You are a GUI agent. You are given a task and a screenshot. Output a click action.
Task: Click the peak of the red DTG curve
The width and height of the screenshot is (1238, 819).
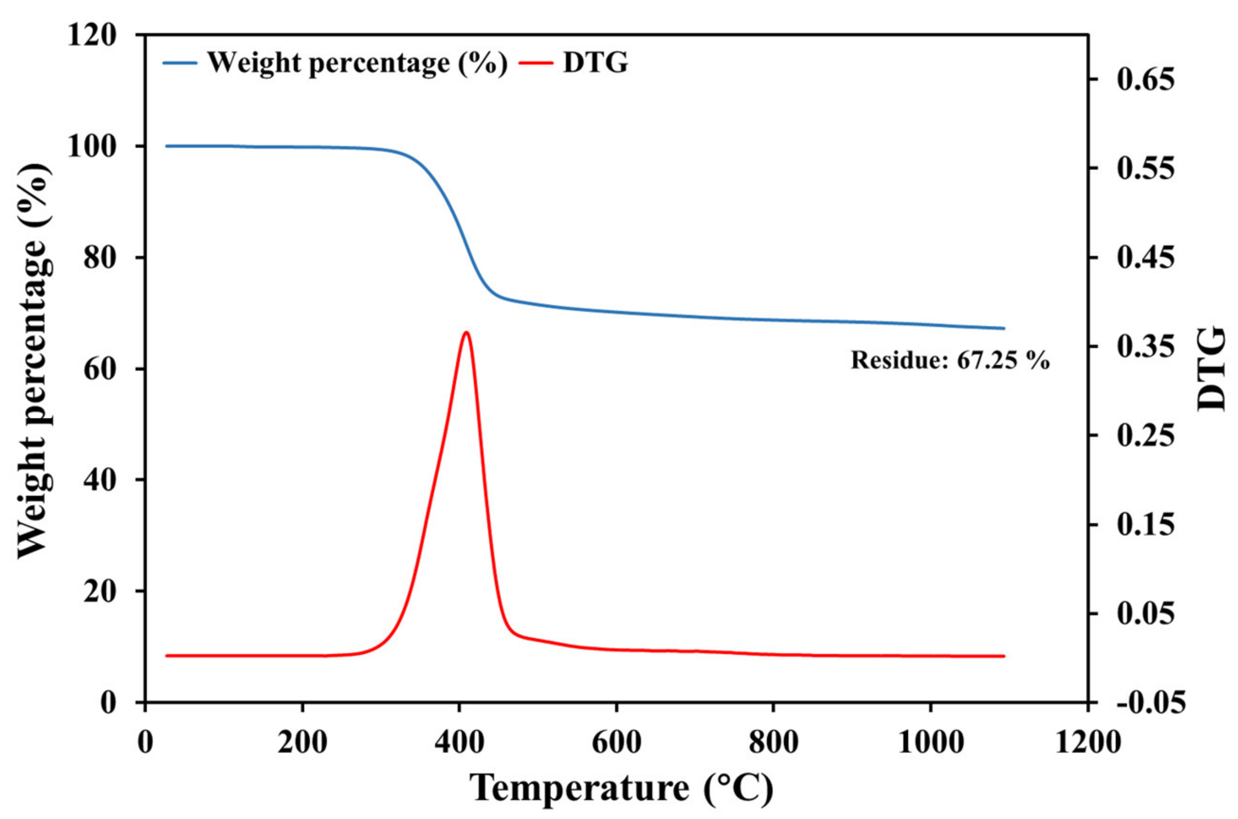(x=466, y=332)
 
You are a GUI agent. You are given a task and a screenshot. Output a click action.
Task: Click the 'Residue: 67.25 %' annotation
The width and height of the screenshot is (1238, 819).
(x=950, y=360)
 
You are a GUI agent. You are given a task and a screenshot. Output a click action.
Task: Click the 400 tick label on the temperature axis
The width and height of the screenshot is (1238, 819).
(x=459, y=742)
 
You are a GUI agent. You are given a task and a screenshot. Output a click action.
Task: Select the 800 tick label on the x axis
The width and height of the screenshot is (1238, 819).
(x=773, y=742)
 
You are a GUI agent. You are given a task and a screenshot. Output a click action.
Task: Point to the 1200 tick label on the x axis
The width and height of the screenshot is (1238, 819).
(x=1088, y=742)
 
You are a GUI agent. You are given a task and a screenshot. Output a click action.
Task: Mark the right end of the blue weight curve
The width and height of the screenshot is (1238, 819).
(x=1003, y=328)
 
